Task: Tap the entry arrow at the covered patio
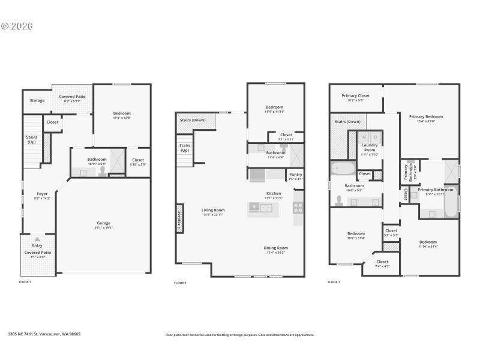37,239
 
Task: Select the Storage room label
37,100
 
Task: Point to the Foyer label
42,193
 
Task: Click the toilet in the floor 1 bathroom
102,171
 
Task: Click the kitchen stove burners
298,208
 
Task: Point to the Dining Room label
276,248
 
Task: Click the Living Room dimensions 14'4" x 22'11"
213,214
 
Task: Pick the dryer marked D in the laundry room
376,137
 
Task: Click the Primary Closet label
356,95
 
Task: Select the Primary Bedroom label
425,116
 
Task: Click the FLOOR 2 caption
180,283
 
